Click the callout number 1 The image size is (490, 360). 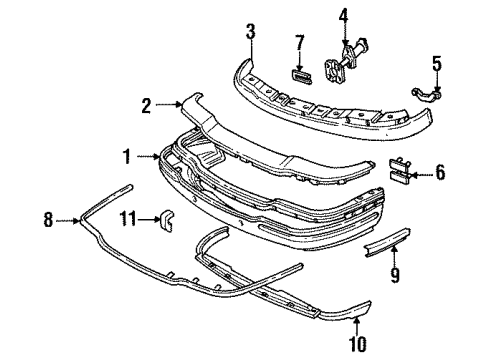coord(127,157)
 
